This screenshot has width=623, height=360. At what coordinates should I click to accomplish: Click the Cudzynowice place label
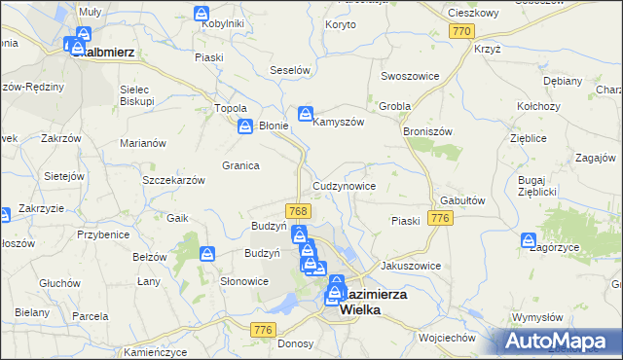coord(344,185)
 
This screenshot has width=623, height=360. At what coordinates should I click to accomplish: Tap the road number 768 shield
coord(299,211)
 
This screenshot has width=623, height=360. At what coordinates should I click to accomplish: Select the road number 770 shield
coord(461,32)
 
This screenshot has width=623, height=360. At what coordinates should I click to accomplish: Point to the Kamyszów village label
coord(338,122)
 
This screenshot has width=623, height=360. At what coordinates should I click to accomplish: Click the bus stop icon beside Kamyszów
coord(305,114)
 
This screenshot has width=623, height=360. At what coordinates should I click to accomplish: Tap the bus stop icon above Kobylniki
coord(202,15)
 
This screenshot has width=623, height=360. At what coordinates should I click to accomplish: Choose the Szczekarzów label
coord(173,181)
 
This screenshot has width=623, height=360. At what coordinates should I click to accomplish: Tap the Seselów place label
coord(289,71)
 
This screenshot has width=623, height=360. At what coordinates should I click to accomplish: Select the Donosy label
coord(294,343)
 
